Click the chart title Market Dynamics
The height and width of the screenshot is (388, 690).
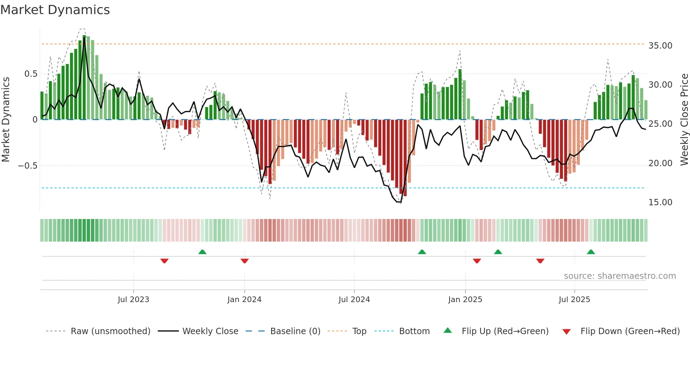click(x=55, y=10)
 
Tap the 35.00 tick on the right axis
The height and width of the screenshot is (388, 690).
click(x=660, y=46)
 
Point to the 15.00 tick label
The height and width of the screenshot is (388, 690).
click(x=660, y=202)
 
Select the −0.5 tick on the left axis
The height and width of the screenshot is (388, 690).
click(x=27, y=166)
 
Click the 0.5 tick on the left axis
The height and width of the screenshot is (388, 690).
click(x=31, y=74)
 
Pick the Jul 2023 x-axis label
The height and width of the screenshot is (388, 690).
click(x=133, y=300)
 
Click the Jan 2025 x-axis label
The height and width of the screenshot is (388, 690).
click(x=465, y=300)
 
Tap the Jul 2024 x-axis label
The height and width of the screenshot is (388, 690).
click(x=354, y=300)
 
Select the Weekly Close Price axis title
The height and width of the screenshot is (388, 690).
click(x=684, y=120)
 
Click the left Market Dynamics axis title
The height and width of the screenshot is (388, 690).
click(x=6, y=120)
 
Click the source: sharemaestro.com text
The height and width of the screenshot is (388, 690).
click(x=620, y=276)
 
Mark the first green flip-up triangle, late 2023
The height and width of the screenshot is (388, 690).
click(x=202, y=252)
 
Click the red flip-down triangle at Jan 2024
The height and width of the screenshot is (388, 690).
click(x=245, y=261)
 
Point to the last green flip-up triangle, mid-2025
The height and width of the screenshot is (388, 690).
click(x=591, y=252)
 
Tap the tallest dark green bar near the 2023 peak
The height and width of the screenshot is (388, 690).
click(x=84, y=77)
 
